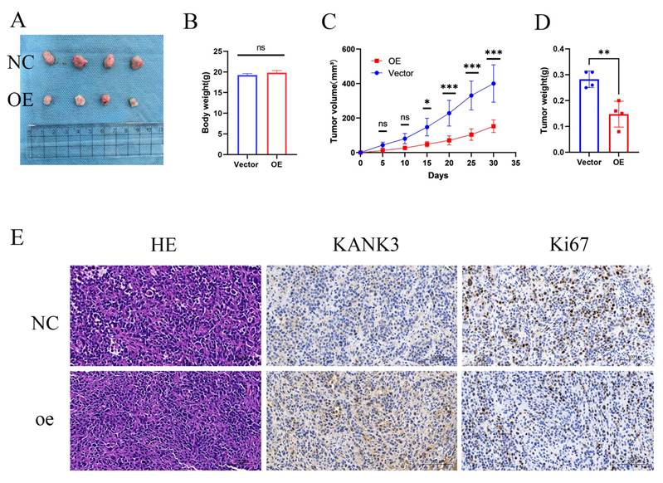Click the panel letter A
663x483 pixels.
point(17,19)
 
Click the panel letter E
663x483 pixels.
point(17,239)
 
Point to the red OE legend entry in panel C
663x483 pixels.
point(378,61)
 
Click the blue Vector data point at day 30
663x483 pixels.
point(494,83)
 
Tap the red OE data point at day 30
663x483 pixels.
point(494,126)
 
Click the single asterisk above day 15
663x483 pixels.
point(427,103)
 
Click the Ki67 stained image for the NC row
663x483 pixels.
point(558,315)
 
